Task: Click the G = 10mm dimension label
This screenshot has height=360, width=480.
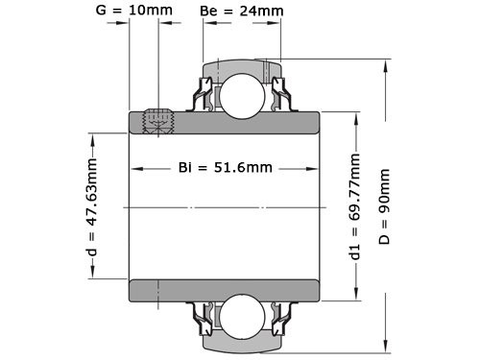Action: pyautogui.click(x=135, y=12)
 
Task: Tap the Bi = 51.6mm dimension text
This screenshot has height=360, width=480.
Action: pyautogui.click(x=226, y=167)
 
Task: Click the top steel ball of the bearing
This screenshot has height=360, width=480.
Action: pyautogui.click(x=241, y=91)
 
